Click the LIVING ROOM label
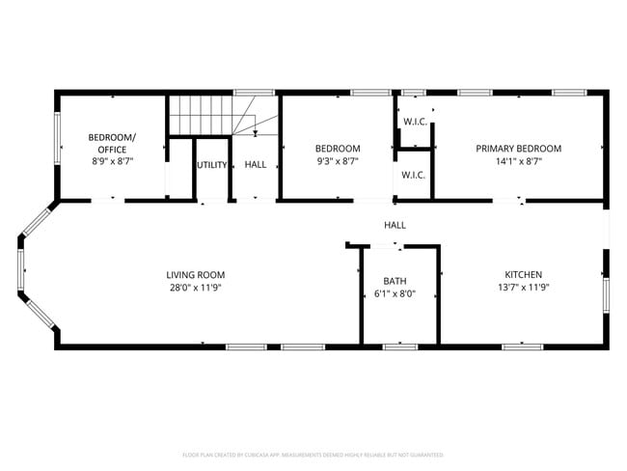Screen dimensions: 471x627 [x=195, y=274]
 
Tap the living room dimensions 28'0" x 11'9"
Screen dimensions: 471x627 [x=195, y=287]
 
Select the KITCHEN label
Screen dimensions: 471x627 [x=524, y=274]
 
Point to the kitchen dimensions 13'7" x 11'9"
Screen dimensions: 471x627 [x=524, y=287]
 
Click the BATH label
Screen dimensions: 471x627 [x=395, y=281]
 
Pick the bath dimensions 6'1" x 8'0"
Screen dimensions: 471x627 [x=395, y=293]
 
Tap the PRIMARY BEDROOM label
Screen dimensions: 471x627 [x=518, y=149]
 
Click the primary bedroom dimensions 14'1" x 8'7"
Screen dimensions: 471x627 [x=518, y=161]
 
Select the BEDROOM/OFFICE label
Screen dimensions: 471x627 [x=112, y=143]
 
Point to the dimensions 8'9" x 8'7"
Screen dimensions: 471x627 [x=112, y=161]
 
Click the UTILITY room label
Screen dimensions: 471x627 [x=212, y=165]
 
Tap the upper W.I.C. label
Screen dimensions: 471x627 [x=415, y=122]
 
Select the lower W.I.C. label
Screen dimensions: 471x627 [x=414, y=175]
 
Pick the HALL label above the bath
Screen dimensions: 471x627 [x=395, y=225]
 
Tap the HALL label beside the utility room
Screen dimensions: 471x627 [x=256, y=165]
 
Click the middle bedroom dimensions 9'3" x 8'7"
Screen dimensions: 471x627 [x=338, y=161]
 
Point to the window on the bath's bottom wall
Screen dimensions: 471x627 [x=398, y=346]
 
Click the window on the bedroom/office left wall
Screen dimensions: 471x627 [x=57, y=139]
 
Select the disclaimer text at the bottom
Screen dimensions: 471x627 [x=313, y=454]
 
